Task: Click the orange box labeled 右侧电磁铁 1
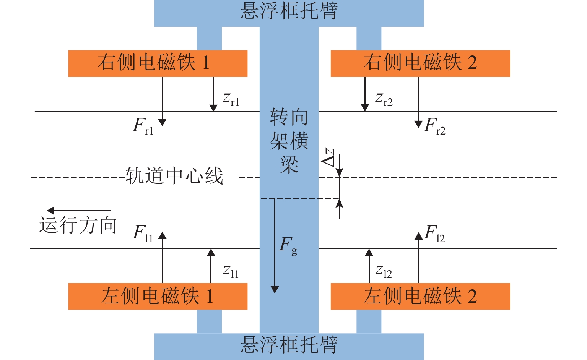[x=158, y=63]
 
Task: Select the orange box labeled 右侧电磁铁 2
[x=420, y=63]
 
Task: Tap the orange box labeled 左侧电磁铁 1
[x=158, y=296]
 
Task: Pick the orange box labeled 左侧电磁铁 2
[x=420, y=296]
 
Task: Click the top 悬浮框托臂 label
[x=289, y=11]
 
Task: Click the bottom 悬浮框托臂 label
[x=289, y=345]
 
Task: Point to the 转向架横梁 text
[x=289, y=141]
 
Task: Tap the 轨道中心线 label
[x=174, y=176]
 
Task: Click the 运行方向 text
[x=78, y=225]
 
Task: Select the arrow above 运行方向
[x=78, y=211]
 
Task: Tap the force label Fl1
[x=143, y=233]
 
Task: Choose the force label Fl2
[x=435, y=233]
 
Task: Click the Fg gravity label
[x=288, y=245]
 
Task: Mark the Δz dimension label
[x=328, y=157]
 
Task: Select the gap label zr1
[x=231, y=99]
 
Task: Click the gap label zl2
[x=384, y=271]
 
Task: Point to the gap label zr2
[x=384, y=99]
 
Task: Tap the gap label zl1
[x=231, y=271]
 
